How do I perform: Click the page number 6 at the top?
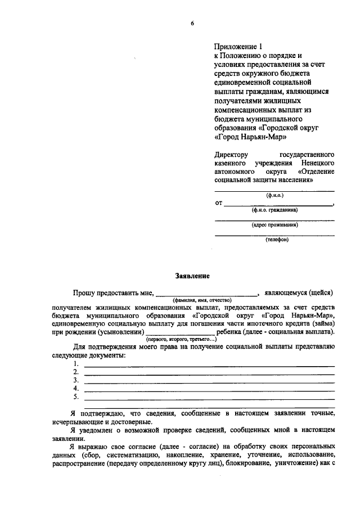click(x=192, y=23)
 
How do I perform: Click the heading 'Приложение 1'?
click(x=238, y=47)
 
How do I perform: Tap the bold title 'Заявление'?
click(x=192, y=276)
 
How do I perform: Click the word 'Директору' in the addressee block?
click(x=231, y=154)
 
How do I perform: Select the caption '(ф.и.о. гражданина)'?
click(x=274, y=210)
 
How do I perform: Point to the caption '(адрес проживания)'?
click(x=274, y=224)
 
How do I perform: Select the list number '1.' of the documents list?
click(x=76, y=364)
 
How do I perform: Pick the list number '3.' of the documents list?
click(x=76, y=380)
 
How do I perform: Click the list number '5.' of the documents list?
click(x=76, y=396)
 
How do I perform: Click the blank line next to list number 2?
click(x=209, y=374)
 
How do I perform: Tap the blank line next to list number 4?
click(x=209, y=390)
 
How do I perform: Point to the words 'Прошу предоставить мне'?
click(x=113, y=292)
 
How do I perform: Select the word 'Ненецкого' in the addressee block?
click(x=317, y=163)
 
